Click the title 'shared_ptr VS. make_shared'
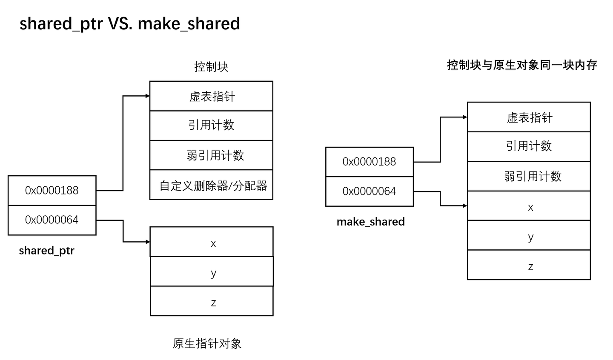click(x=130, y=23)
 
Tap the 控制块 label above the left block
click(x=211, y=67)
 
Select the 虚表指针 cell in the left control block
click(x=211, y=96)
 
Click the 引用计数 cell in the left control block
click(x=211, y=125)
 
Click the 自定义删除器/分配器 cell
click(x=213, y=186)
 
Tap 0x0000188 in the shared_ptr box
click(x=52, y=190)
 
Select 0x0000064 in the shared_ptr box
click(x=52, y=220)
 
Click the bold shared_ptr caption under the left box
click(x=46, y=250)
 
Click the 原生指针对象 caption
click(x=207, y=343)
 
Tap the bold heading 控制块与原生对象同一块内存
click(x=522, y=65)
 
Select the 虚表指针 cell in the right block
click(x=529, y=117)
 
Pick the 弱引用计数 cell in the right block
click(x=533, y=176)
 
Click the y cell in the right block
click(x=530, y=236)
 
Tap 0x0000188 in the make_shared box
click(x=369, y=162)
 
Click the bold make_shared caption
click(x=370, y=222)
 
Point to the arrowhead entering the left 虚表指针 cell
click(x=148, y=96)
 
